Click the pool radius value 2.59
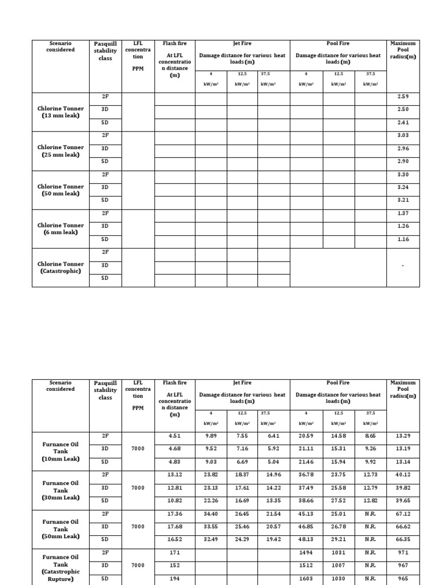tap(403, 97)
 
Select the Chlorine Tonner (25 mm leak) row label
tap(61, 151)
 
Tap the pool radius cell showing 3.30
tap(403, 174)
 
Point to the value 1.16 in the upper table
tap(403, 239)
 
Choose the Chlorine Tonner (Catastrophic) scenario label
tap(61, 267)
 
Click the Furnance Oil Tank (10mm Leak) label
tap(61, 451)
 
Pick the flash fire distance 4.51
tap(175, 436)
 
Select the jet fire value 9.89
tap(211, 436)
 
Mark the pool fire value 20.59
tap(306, 436)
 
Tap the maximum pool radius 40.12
tap(403, 475)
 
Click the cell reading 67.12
tap(403, 514)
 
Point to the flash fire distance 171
tap(175, 552)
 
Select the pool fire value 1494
tap(306, 552)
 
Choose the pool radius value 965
tap(403, 578)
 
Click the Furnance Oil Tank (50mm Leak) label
tap(61, 528)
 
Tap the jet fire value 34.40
tap(211, 514)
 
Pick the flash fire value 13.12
tap(175, 475)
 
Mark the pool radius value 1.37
tap(403, 213)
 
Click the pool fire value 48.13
tap(306, 539)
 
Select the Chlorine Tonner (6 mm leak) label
tap(61, 229)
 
